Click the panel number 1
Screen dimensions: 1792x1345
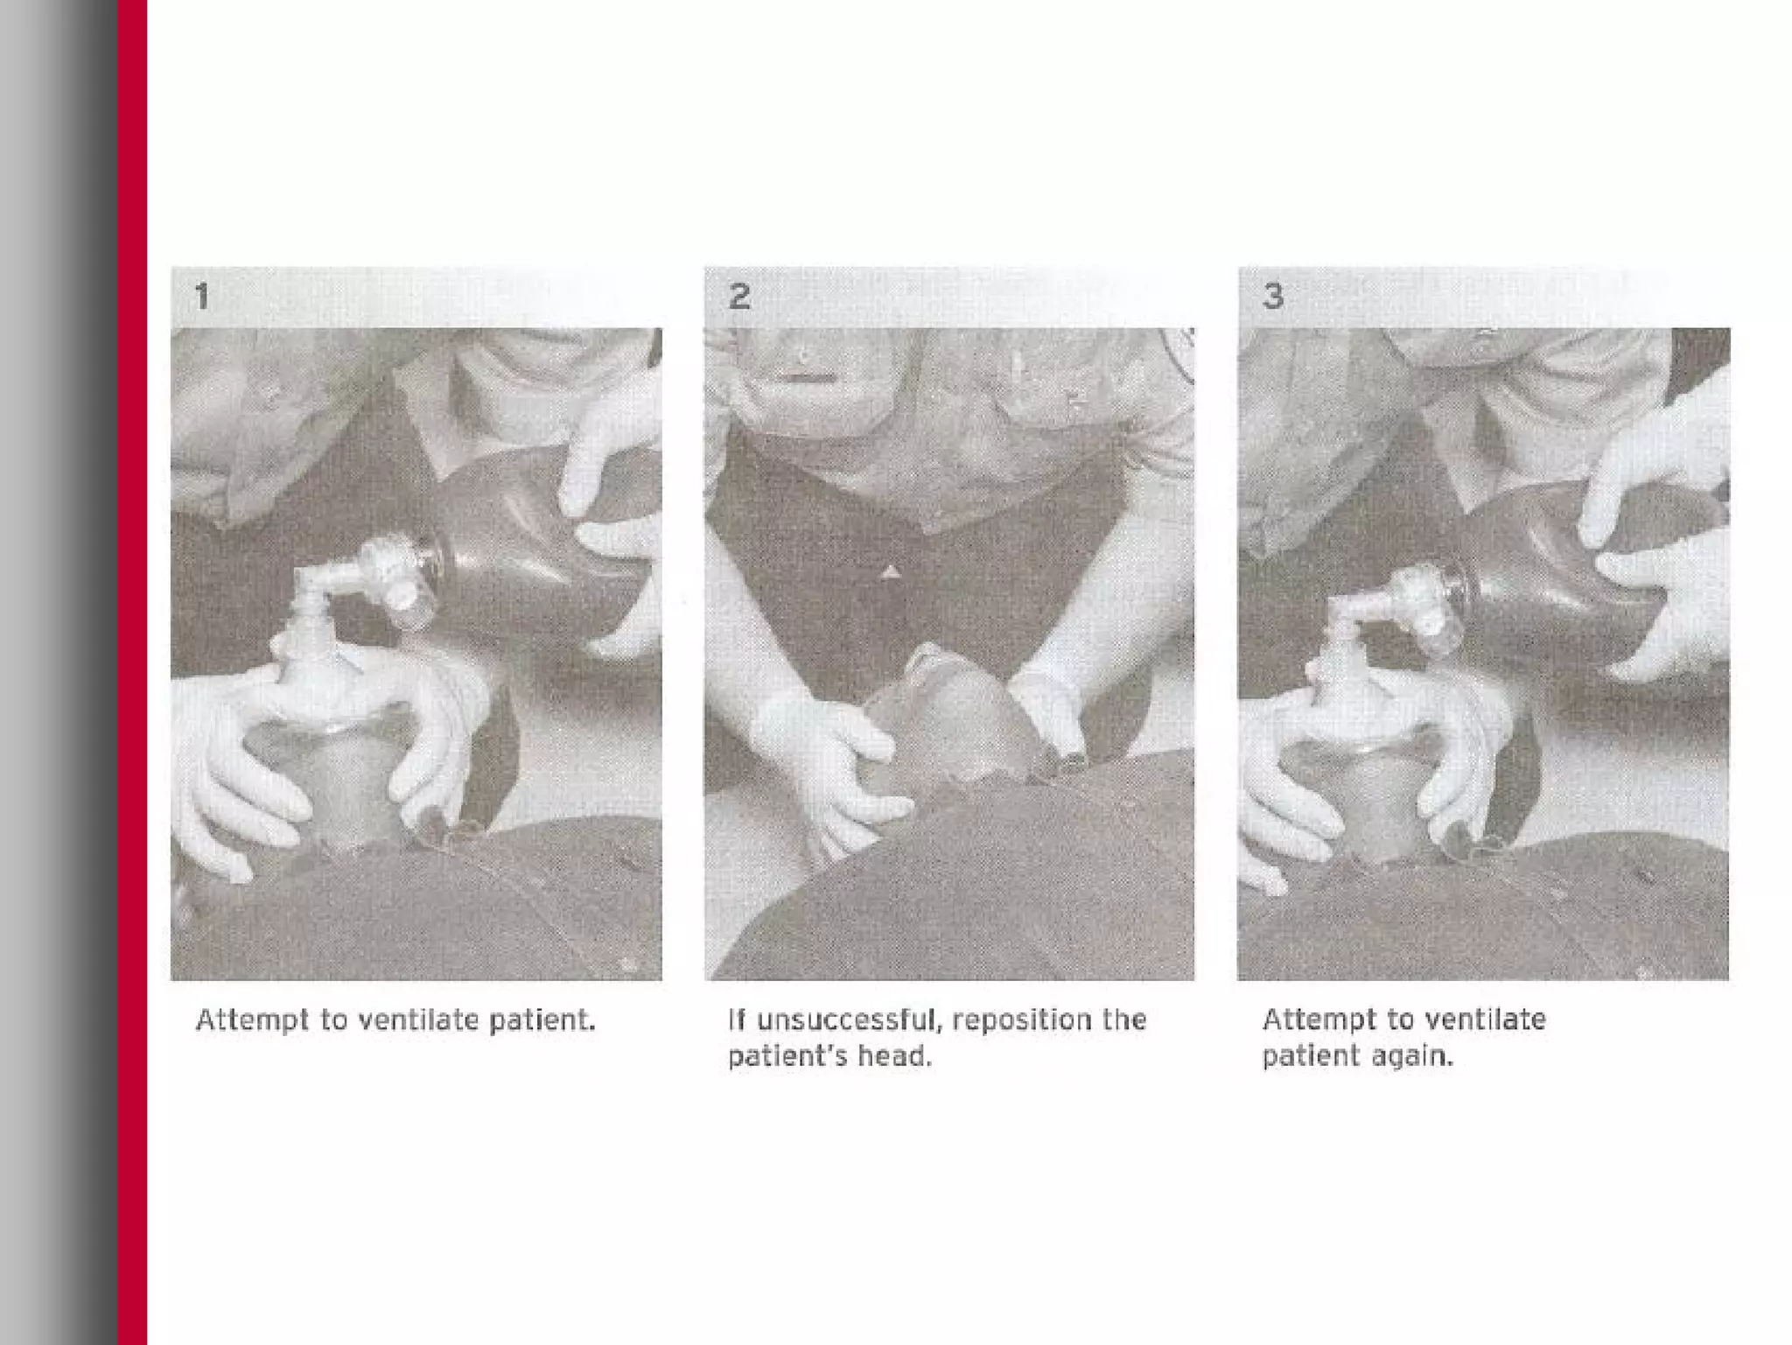click(202, 296)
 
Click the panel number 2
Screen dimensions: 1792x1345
click(739, 296)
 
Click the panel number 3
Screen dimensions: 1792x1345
click(1273, 296)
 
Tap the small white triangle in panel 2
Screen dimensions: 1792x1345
click(890, 572)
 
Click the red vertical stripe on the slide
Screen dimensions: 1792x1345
click(132, 672)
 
